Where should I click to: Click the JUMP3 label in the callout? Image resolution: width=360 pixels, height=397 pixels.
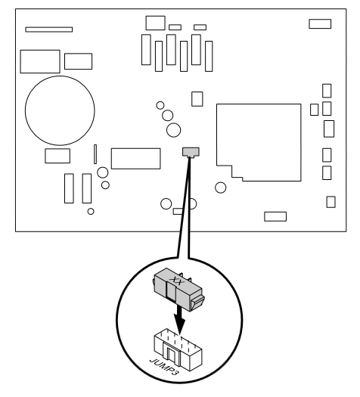164,367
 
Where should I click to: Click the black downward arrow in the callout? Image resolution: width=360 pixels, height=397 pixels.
179,320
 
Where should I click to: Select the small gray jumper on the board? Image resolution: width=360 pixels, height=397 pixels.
191,152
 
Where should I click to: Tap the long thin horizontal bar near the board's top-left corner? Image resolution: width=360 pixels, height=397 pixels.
49,29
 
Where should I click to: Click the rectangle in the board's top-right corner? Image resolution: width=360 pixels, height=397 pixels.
320,23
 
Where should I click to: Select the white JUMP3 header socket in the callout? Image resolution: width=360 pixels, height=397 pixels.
178,349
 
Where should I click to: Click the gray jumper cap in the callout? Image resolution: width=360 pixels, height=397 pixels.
178,290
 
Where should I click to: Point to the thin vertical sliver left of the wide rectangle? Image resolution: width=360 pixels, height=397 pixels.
95,154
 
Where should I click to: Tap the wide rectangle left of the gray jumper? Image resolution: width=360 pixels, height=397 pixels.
136,159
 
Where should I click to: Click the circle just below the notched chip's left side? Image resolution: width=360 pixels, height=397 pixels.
221,188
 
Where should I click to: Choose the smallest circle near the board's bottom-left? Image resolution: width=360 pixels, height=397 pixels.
91,212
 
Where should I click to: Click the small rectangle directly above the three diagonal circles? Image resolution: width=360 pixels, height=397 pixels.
197,99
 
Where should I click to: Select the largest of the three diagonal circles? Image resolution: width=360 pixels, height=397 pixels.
174,130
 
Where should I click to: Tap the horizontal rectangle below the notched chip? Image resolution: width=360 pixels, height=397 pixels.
275,217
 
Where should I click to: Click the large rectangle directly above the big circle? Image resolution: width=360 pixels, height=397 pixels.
40,61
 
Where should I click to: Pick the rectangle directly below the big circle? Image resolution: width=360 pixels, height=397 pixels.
57,156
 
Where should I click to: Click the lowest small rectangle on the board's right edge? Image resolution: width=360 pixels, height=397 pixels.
331,202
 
